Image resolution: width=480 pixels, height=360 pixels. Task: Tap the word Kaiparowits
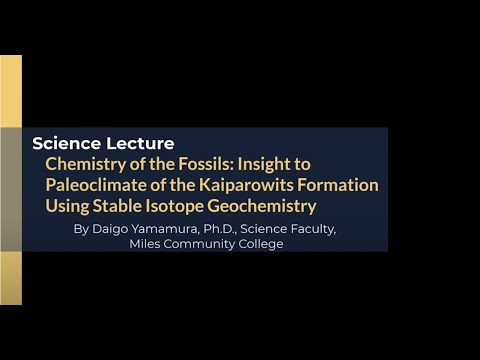264,185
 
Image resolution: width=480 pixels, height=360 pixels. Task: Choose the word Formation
343,185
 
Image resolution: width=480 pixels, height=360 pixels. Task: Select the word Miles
147,244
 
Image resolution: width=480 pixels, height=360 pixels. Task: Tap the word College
262,244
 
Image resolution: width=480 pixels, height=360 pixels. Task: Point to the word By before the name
82,229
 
